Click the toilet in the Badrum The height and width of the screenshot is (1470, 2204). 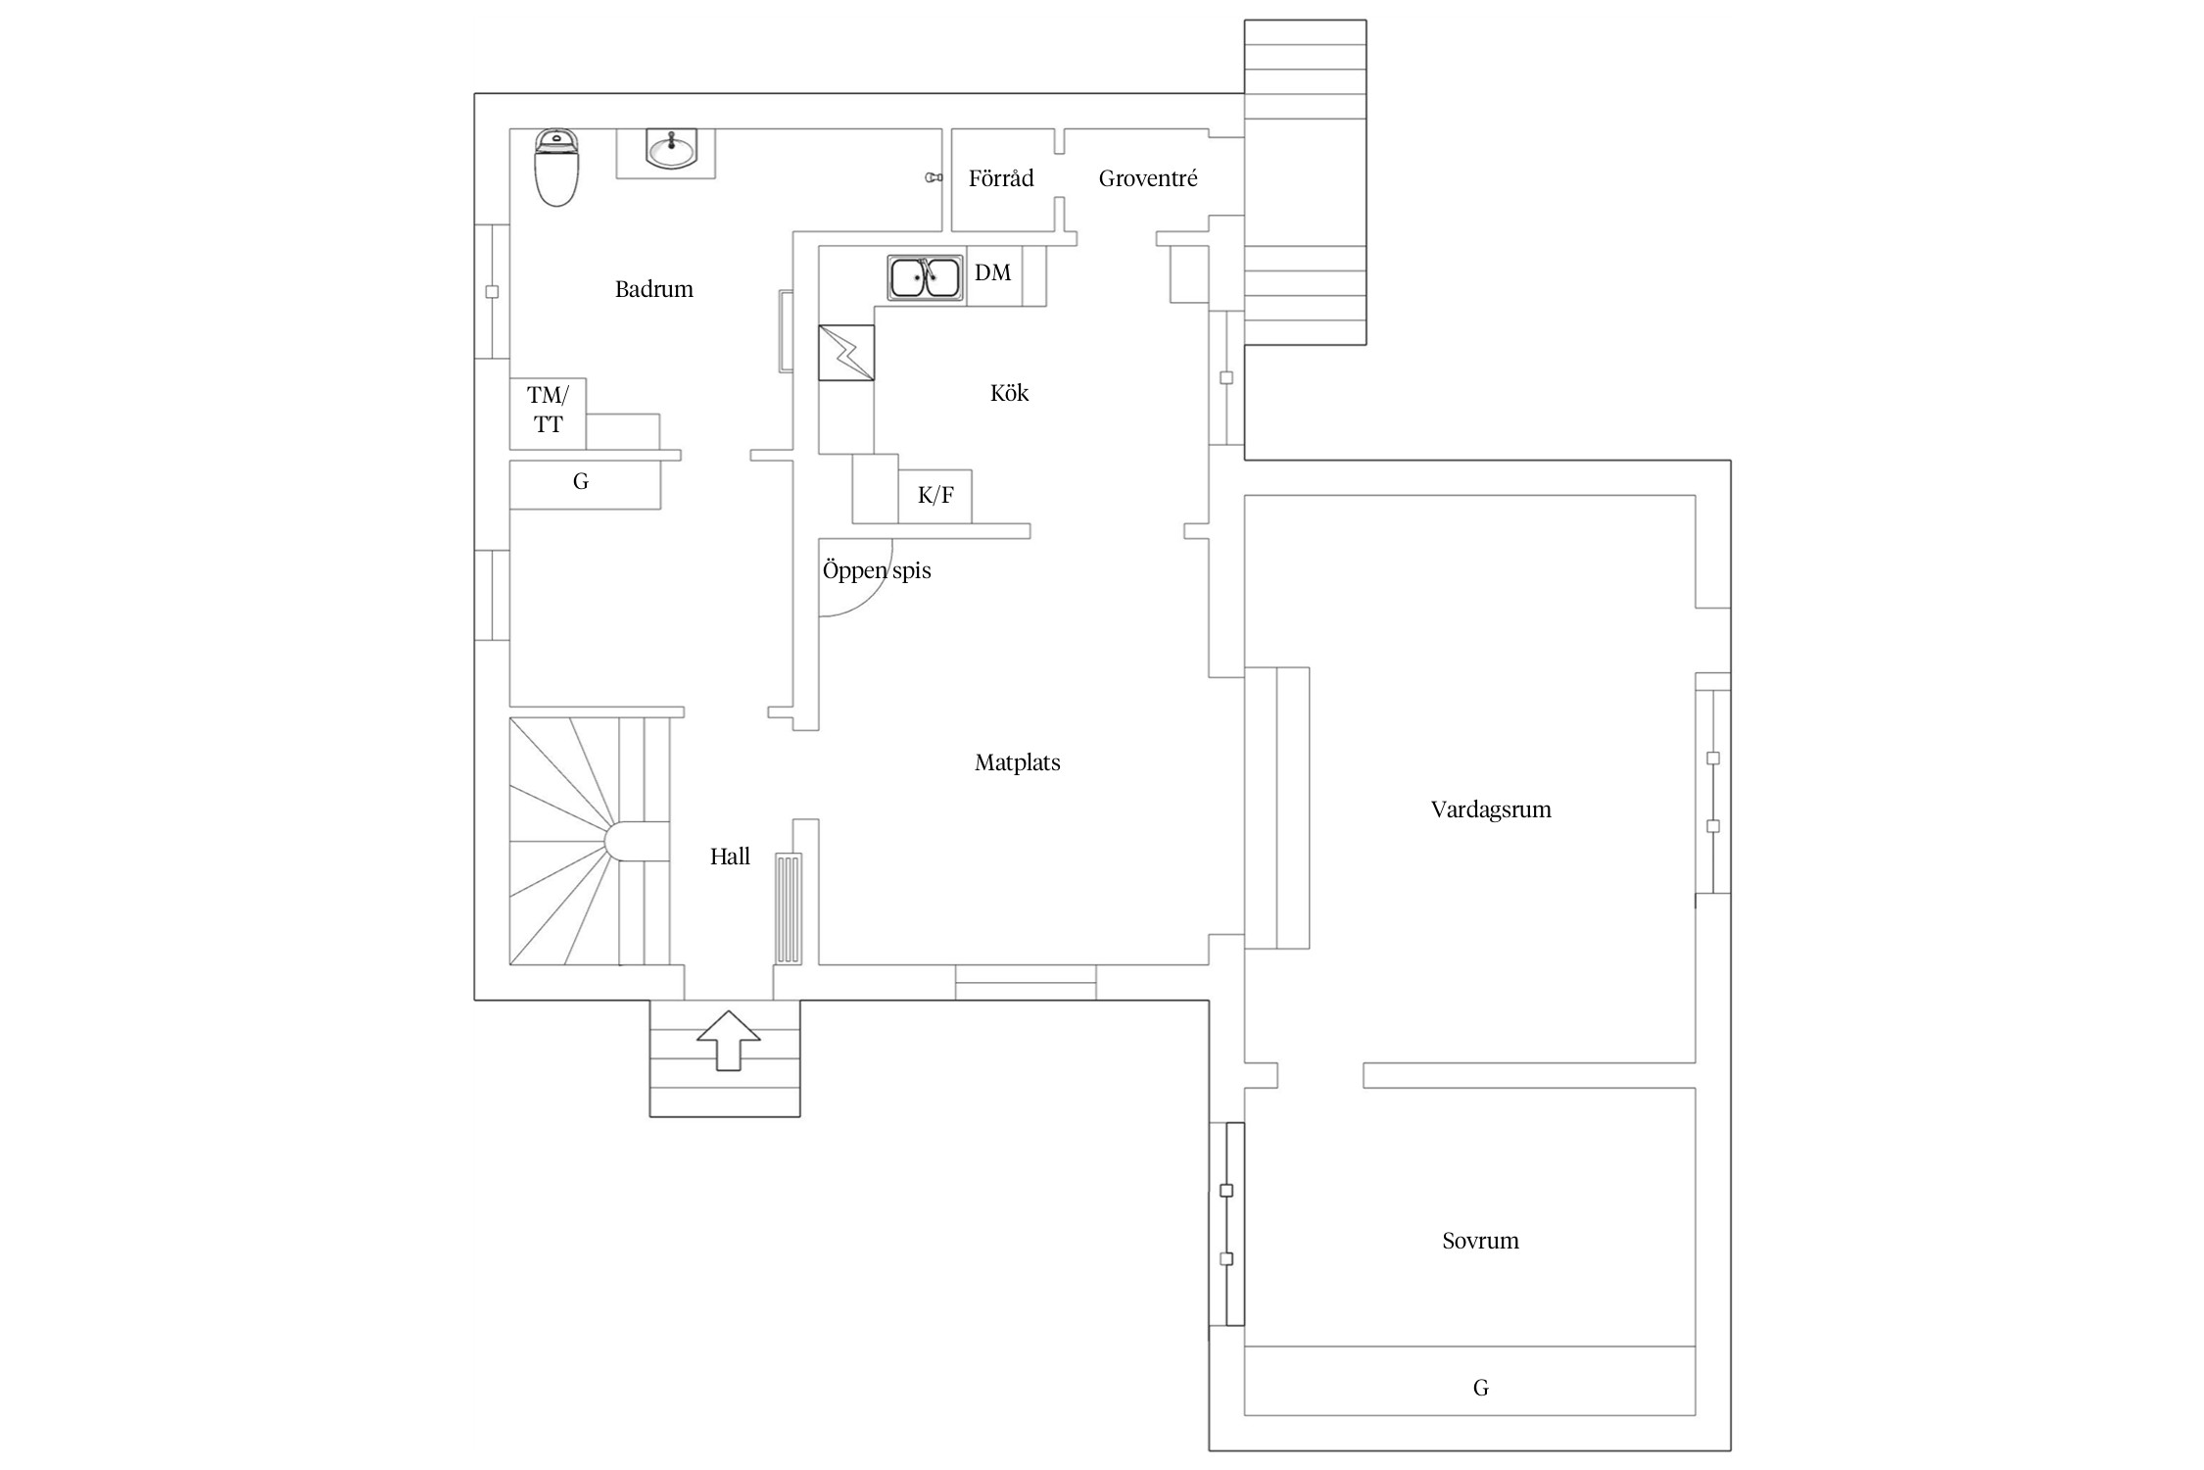click(556, 168)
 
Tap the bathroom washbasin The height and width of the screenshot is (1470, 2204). click(671, 149)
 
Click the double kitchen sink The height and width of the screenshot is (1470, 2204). click(925, 277)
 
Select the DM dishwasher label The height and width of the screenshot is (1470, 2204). click(992, 272)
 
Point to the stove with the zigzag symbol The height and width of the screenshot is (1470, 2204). click(846, 353)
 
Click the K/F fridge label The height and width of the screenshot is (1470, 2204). click(935, 496)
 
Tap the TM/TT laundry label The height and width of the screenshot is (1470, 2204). click(548, 410)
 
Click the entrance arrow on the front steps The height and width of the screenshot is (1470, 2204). click(729, 1041)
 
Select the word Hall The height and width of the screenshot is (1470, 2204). click(730, 857)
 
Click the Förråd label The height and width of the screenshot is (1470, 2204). click(1001, 178)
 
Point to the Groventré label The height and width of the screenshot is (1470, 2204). click(1148, 178)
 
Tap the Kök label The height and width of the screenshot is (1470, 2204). click(1009, 393)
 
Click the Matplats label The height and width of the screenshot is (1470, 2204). click(1018, 762)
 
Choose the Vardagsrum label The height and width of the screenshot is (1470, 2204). click(1491, 809)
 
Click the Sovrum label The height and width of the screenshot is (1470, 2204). click(1480, 1241)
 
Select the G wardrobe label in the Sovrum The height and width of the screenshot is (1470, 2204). click(1480, 1388)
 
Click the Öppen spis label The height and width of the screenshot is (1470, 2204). click(877, 570)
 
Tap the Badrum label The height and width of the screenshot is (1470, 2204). click(653, 289)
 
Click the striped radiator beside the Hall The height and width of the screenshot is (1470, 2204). click(789, 908)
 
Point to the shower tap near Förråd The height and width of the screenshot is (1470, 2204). click(934, 177)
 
